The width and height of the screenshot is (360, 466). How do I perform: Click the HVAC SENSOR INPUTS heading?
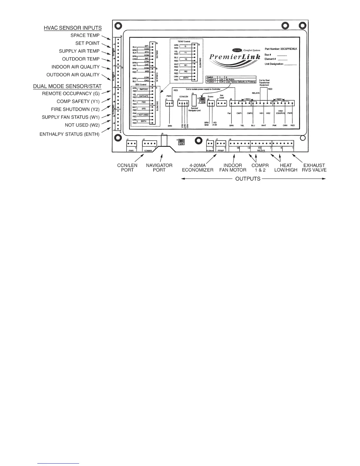[x=73, y=28]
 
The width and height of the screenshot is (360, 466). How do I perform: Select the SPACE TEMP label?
[x=85, y=36]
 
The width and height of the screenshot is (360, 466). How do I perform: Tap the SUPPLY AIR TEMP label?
[x=79, y=51]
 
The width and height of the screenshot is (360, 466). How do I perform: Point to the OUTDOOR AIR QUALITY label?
[x=73, y=75]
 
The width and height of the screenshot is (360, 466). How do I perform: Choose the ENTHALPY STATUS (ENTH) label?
[x=69, y=134]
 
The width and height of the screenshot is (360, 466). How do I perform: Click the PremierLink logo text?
[x=235, y=56]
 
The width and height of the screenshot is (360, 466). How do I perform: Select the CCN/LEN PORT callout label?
[x=127, y=168]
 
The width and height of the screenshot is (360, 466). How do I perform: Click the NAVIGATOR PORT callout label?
[x=159, y=168]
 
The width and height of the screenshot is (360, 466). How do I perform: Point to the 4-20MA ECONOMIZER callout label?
[x=197, y=168]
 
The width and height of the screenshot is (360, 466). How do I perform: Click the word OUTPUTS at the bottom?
[x=248, y=179]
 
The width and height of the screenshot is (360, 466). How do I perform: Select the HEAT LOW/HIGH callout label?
[x=286, y=168]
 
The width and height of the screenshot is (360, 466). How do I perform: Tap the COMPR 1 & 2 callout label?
[x=260, y=168]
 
